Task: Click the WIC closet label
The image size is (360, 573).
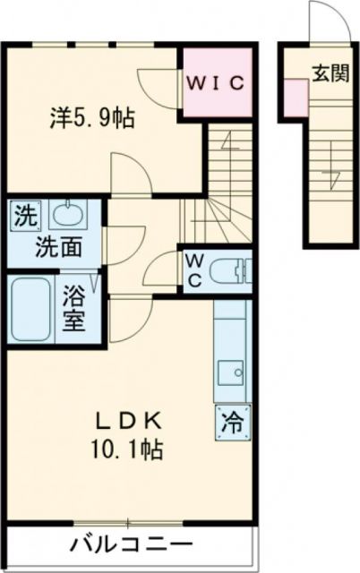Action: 215,83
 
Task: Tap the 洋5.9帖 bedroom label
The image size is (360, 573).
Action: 93,117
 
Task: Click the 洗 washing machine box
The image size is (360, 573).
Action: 27,215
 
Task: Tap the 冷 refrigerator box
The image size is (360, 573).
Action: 231,419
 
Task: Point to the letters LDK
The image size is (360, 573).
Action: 128,418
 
